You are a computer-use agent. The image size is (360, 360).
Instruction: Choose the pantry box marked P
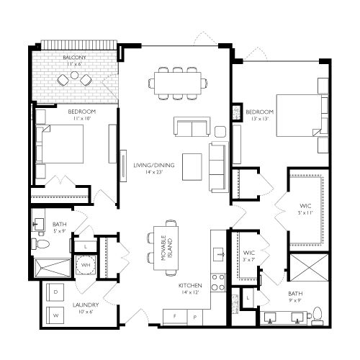coord(194,315)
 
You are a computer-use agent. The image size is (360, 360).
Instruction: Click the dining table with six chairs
coord(176,84)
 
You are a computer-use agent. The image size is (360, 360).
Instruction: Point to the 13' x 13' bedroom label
coord(259,116)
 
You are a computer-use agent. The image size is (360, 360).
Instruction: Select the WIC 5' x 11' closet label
coord(307,210)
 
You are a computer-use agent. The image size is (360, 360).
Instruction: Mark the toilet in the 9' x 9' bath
coord(316,314)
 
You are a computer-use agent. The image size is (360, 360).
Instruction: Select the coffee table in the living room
coord(192,166)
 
